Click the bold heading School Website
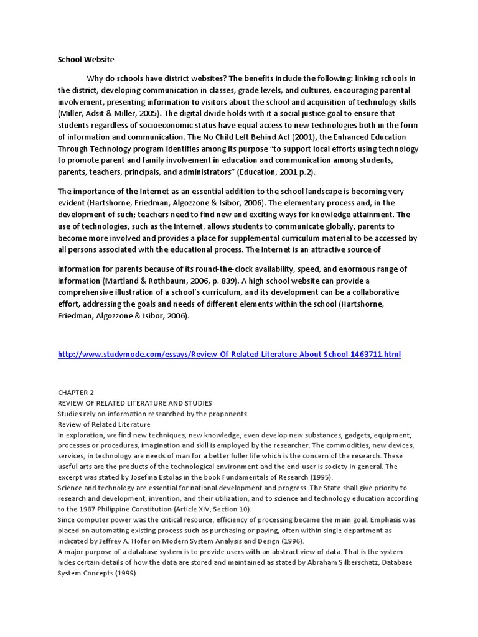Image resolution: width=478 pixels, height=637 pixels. pos(86,60)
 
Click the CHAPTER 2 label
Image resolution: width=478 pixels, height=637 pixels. pos(76,393)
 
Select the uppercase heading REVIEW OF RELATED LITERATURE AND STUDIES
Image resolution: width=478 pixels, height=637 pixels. pos(135,403)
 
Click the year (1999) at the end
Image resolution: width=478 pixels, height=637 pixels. pos(126,573)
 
